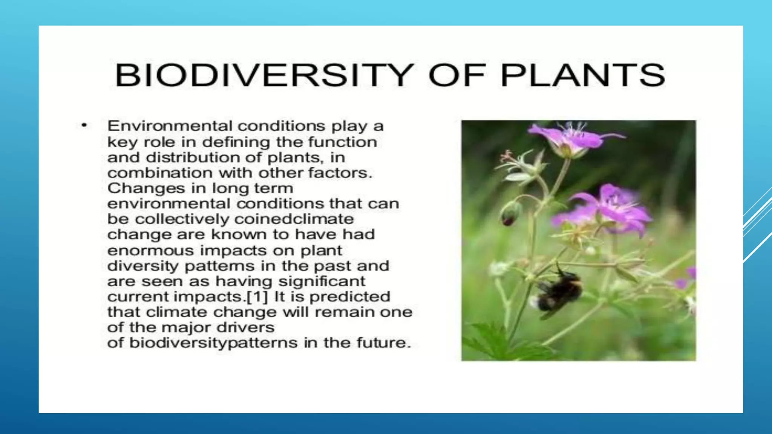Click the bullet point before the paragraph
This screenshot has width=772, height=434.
tap(84, 125)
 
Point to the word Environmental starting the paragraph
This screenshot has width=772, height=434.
tap(170, 126)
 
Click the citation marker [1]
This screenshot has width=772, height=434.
tap(257, 297)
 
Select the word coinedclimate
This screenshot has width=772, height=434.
tap(294, 219)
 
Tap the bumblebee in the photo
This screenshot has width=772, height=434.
tap(558, 290)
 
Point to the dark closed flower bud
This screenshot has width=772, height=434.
tap(510, 214)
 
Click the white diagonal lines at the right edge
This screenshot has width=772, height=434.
tap(758, 226)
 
